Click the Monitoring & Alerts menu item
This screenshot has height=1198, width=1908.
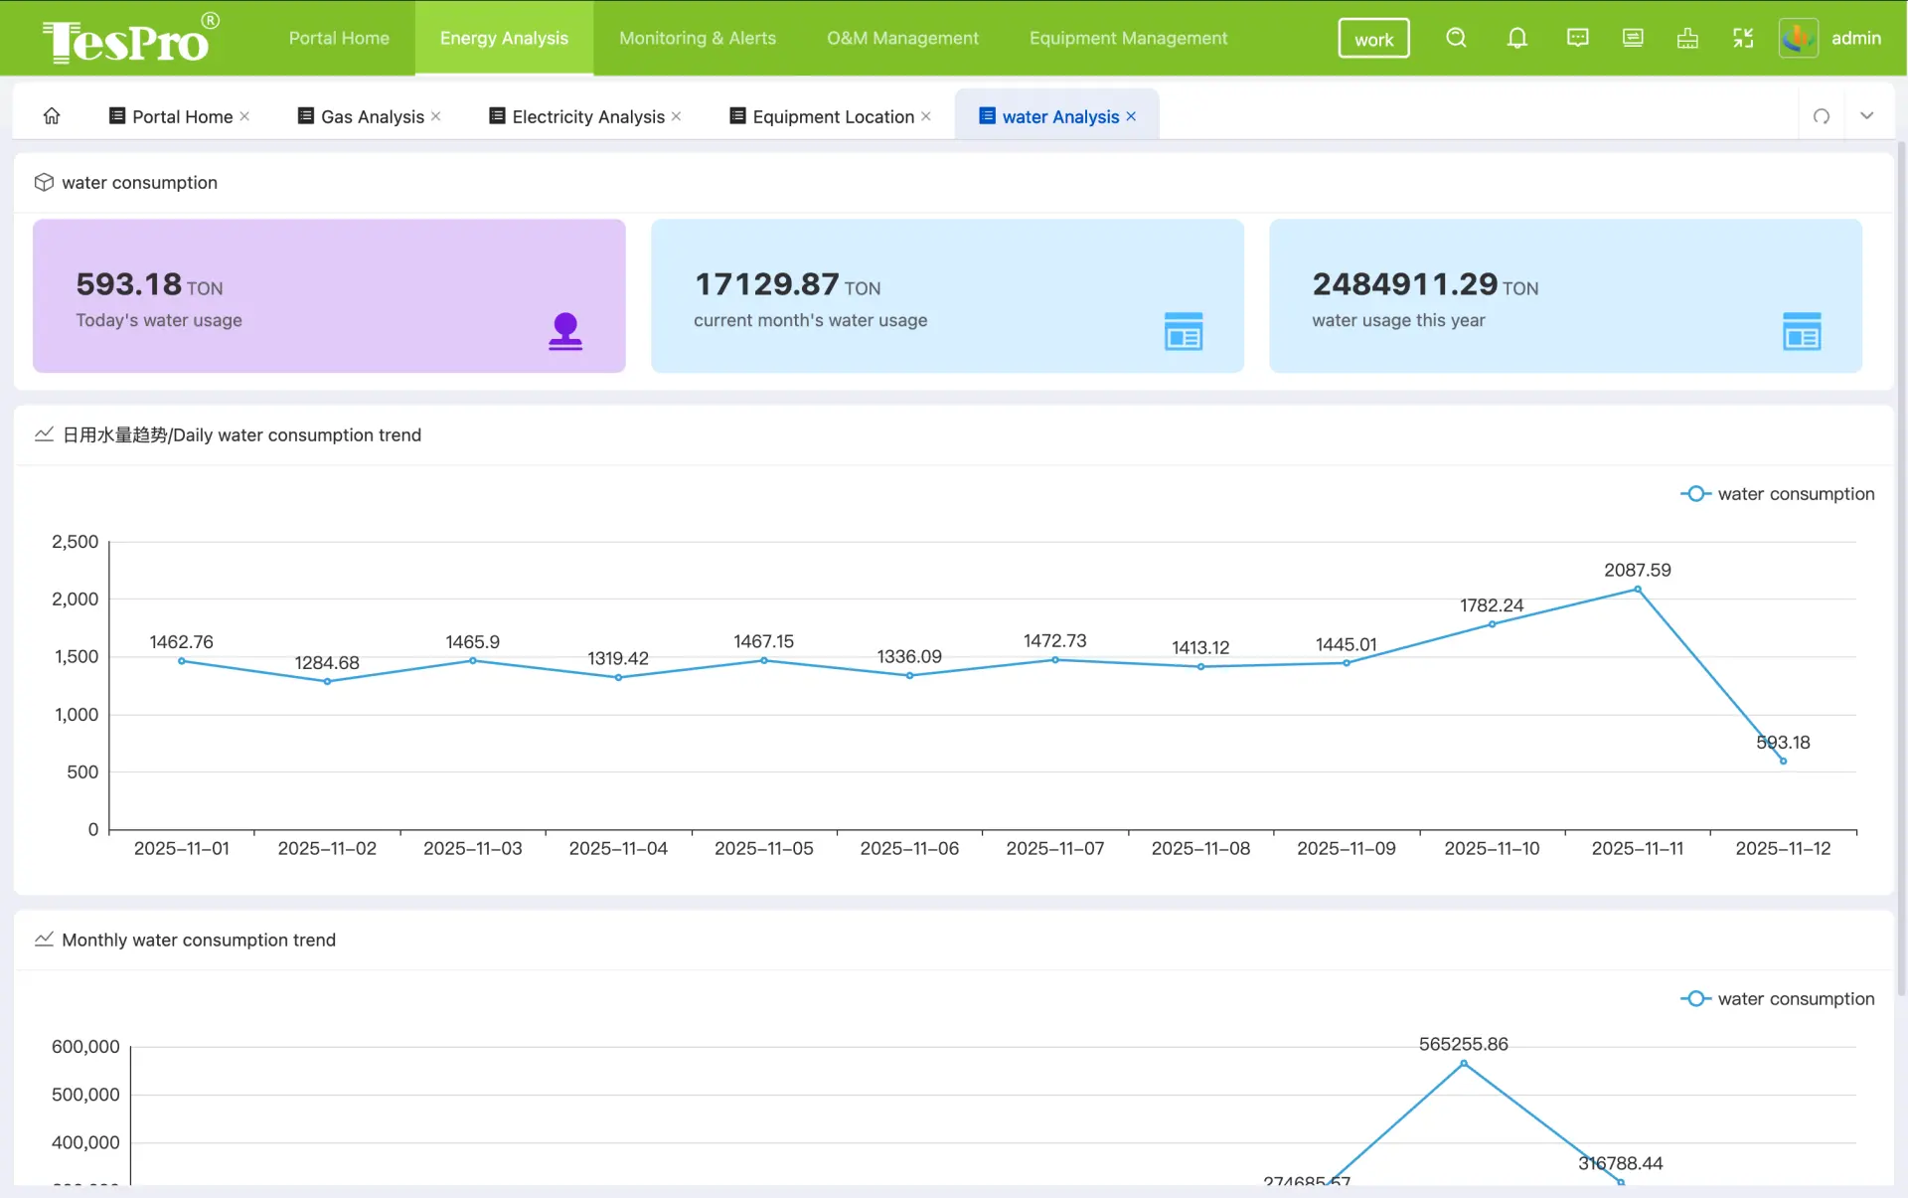click(697, 38)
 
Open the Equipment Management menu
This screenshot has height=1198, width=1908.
click(1128, 38)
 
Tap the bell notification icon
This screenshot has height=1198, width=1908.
click(1516, 38)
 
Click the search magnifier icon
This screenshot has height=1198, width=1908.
click(1456, 38)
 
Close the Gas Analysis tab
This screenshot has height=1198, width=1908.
click(435, 116)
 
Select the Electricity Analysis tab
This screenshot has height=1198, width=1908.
click(587, 116)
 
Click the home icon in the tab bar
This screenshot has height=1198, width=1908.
click(52, 116)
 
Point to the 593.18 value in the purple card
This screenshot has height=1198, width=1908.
click(128, 284)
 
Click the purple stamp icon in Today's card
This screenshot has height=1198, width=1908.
click(565, 331)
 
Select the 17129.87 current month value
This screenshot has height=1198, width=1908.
click(766, 284)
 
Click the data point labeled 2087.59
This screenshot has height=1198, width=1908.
click(1638, 590)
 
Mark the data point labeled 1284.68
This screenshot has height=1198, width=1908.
click(327, 681)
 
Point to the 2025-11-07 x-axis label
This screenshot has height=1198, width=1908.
click(1054, 848)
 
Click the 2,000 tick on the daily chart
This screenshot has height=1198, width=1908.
click(76, 599)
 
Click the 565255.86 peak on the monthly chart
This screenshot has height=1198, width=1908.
click(1463, 1063)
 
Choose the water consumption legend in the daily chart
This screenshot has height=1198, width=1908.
click(1777, 494)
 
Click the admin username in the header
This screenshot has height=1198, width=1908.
click(1855, 38)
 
